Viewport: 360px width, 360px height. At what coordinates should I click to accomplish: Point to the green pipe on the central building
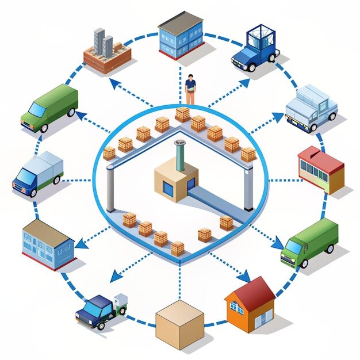(180, 156)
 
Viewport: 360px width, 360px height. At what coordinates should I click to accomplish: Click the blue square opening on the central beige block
(168, 187)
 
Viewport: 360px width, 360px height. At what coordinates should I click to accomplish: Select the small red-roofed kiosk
(321, 168)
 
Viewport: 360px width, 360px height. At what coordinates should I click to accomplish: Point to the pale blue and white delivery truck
(310, 107)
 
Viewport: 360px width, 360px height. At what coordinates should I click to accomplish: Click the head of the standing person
(190, 78)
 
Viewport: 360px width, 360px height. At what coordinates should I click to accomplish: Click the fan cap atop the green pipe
(180, 142)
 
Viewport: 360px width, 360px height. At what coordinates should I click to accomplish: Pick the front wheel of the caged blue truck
(251, 67)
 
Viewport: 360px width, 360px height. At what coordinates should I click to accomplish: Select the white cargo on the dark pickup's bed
(120, 301)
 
